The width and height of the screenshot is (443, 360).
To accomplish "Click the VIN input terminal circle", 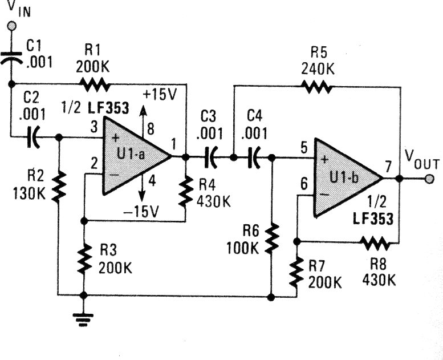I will pyautogui.click(x=11, y=26).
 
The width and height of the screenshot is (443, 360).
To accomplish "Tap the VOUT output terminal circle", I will pyautogui.click(x=429, y=178).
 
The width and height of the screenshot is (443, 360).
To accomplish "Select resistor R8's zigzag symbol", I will pyautogui.click(x=374, y=243).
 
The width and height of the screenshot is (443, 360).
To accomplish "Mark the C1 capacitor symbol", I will pyautogui.click(x=11, y=57).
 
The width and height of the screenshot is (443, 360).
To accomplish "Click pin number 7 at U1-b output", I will pyautogui.click(x=388, y=167).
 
